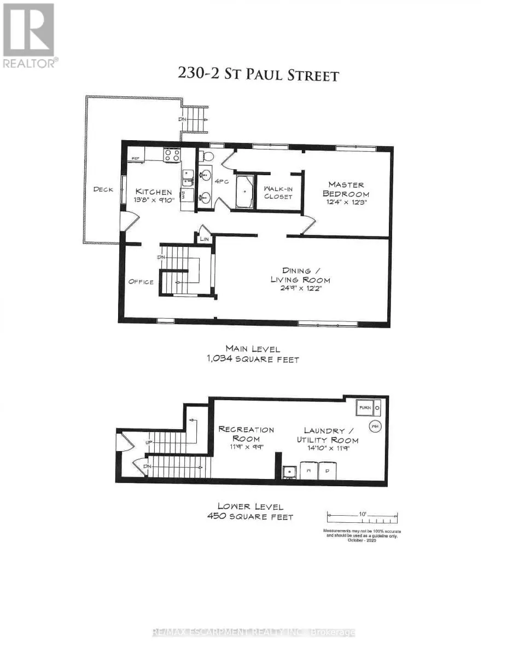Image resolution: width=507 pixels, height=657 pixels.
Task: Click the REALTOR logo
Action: pyautogui.click(x=29, y=36)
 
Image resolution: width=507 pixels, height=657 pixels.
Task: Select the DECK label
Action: pyautogui.click(x=103, y=189)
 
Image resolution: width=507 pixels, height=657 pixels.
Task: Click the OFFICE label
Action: pyautogui.click(x=141, y=282)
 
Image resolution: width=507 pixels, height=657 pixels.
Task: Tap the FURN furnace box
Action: pyautogui.click(x=365, y=408)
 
